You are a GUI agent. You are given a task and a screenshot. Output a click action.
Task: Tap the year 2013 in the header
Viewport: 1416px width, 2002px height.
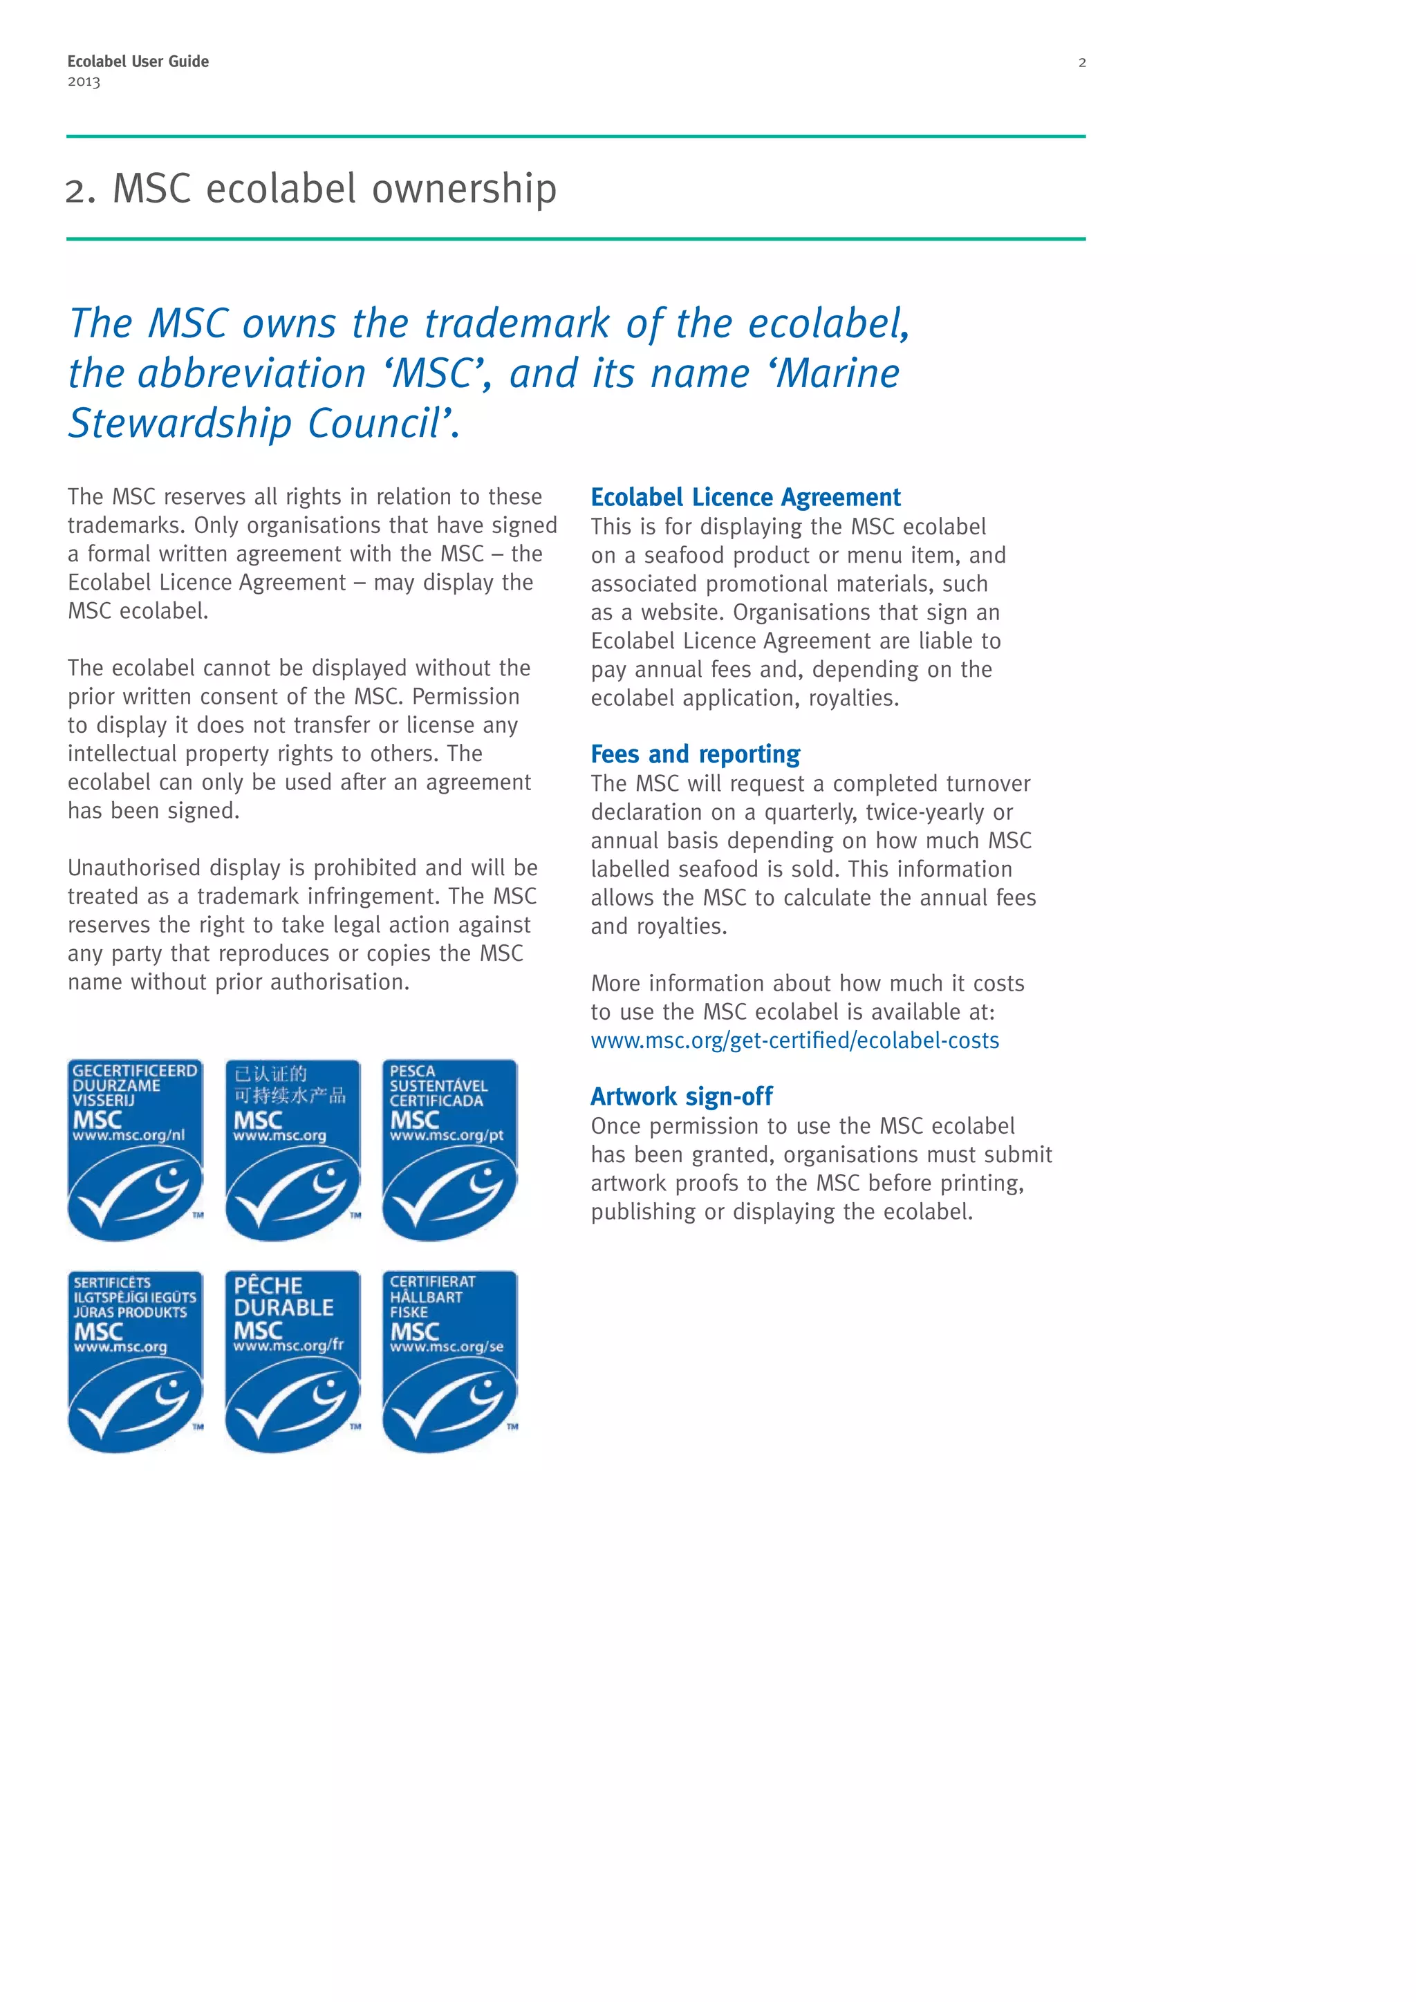click(x=84, y=82)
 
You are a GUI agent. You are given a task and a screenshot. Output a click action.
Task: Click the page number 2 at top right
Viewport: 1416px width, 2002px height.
click(x=1082, y=63)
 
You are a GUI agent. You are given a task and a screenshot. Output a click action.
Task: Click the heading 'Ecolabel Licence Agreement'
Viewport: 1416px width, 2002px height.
click(x=745, y=497)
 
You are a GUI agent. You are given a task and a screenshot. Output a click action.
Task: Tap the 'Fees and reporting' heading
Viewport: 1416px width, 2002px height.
click(x=695, y=754)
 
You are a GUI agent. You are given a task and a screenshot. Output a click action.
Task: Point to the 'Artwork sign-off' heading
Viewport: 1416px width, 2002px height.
click(x=681, y=1096)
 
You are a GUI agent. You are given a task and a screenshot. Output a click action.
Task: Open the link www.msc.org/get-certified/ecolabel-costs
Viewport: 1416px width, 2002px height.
click(x=794, y=1040)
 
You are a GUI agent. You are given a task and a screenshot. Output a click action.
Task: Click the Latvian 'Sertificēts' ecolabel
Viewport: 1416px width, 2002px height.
click(x=135, y=1362)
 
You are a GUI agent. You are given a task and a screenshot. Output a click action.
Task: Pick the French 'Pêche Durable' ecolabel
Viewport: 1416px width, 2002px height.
click(x=292, y=1362)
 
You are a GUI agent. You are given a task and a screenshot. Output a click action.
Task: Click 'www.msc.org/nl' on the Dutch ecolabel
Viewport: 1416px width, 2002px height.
click(x=128, y=1136)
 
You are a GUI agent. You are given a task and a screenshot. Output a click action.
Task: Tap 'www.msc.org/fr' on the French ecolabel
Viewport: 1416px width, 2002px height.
click(x=288, y=1346)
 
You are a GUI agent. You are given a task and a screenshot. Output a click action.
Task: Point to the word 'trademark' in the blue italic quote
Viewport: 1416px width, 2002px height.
click(x=517, y=324)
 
